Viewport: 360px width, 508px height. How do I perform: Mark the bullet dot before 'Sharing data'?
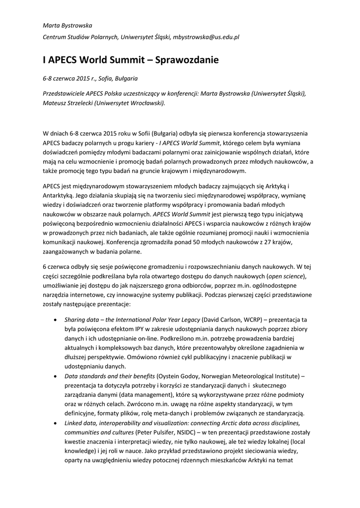tap(55, 319)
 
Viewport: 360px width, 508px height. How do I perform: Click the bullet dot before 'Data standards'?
tap(55, 376)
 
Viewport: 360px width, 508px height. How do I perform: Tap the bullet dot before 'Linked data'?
tap(55, 423)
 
